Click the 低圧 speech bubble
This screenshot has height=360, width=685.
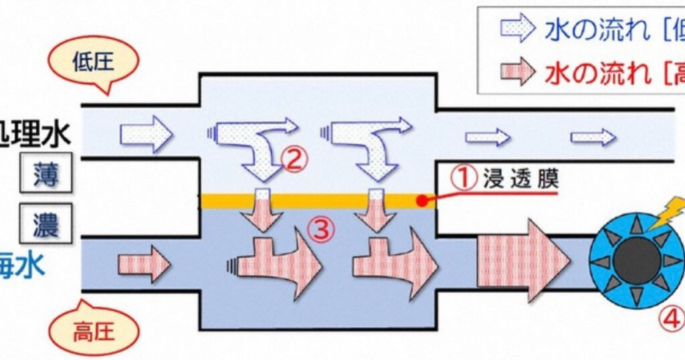(x=94, y=64)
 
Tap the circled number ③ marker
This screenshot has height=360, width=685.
(x=320, y=230)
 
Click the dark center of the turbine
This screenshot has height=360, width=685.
(x=635, y=261)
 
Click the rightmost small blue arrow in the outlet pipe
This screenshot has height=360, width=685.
(x=593, y=137)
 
